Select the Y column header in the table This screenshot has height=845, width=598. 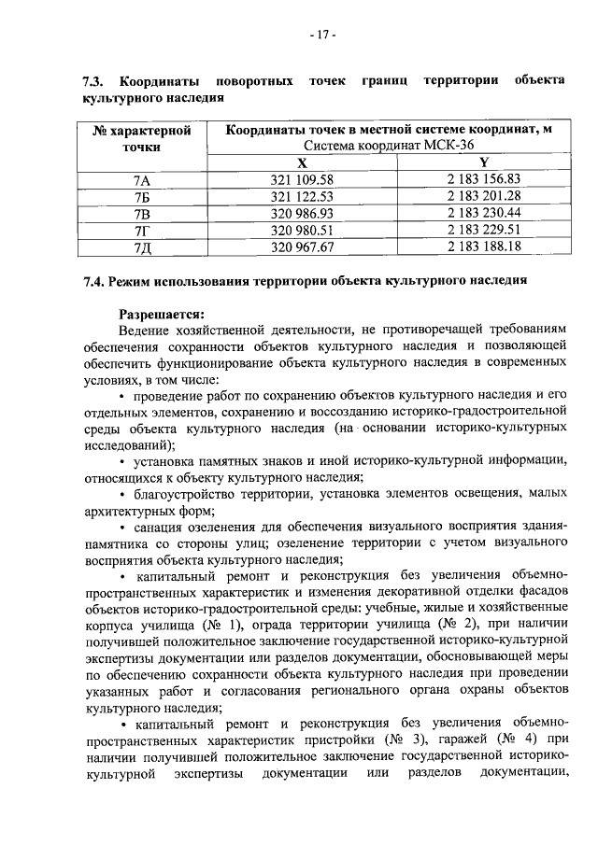click(x=483, y=162)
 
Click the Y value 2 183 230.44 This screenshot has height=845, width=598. click(x=483, y=214)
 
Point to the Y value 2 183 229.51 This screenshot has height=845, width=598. click(x=483, y=231)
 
